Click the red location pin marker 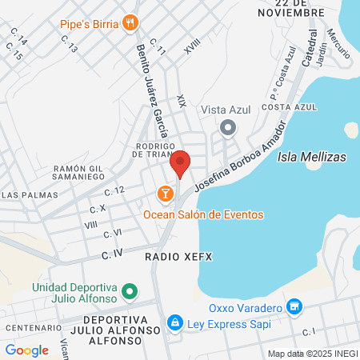(181, 163)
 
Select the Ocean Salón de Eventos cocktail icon (165, 194)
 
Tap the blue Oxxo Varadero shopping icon (295, 307)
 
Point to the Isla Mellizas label (311, 158)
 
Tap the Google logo (26, 350)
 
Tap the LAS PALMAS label (25, 194)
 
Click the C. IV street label (111, 253)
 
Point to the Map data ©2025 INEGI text (312, 354)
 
